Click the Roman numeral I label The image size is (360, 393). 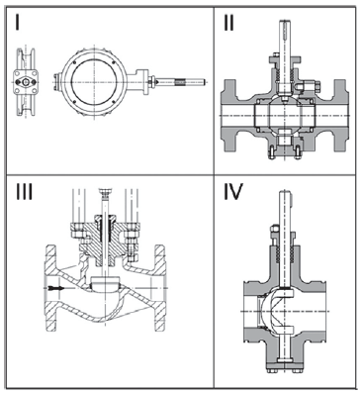tap(17, 23)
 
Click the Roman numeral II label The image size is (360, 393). tap(228, 23)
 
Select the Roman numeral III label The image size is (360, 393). tap(24, 192)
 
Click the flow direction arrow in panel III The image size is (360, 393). tap(55, 288)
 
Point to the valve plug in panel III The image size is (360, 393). tap(104, 284)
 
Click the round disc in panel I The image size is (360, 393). tap(94, 81)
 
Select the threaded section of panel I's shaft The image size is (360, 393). tap(180, 81)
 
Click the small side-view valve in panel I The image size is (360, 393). tap(26, 82)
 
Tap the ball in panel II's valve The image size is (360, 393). tap(284, 116)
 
